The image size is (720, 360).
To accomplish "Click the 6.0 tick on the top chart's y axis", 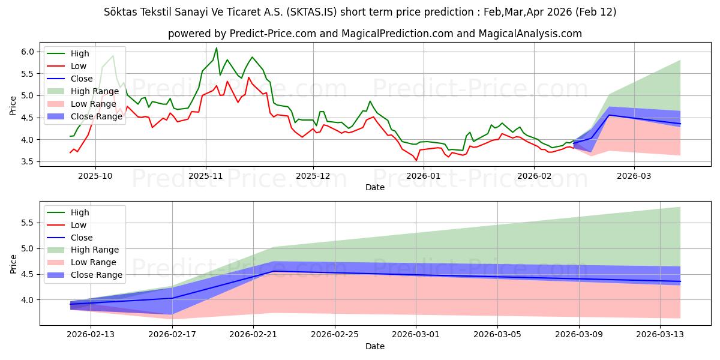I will click(x=27, y=52).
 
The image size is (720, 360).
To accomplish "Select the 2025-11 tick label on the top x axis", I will click(x=206, y=176).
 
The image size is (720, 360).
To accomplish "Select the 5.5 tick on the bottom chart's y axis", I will click(x=27, y=222).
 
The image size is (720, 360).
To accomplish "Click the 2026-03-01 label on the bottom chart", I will click(x=416, y=335).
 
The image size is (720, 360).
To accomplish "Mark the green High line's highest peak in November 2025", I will click(x=217, y=48).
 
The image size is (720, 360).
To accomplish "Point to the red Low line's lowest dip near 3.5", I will click(x=416, y=160).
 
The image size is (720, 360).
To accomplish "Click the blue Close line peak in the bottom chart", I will click(x=274, y=271).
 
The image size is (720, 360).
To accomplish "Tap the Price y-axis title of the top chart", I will click(x=13, y=105).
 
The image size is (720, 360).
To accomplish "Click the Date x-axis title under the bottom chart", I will click(x=375, y=346).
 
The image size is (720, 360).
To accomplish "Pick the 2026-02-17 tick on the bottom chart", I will click(x=172, y=335).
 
